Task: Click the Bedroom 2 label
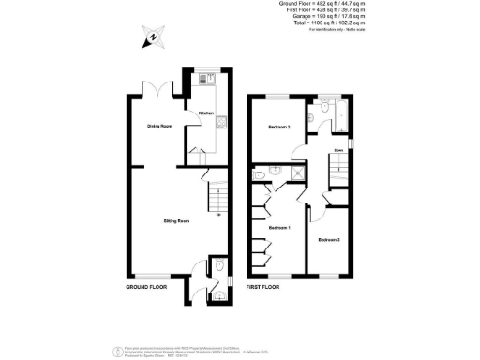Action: point(278,127)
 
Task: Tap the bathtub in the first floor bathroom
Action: point(337,117)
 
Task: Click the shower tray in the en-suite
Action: point(300,172)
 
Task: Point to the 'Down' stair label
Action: point(337,150)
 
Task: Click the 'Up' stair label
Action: point(217,216)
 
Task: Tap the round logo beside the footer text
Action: point(117,352)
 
